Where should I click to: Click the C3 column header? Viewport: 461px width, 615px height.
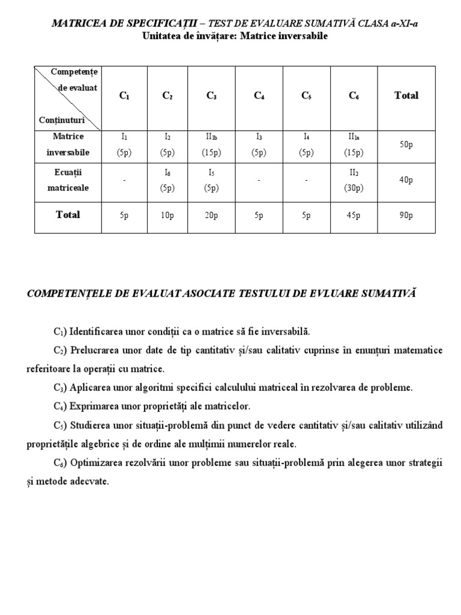pos(211,95)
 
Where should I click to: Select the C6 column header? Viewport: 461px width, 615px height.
pos(354,95)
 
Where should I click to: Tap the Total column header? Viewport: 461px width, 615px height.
pos(406,95)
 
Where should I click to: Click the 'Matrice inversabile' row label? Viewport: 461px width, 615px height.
pos(68,144)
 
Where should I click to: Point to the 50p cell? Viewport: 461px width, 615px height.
pos(406,145)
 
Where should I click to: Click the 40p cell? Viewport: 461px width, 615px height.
pos(406,180)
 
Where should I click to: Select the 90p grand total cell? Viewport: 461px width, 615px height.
pos(406,215)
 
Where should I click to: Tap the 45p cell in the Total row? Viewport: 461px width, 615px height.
pos(354,215)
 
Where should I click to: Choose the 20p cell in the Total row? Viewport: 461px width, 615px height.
pos(211,215)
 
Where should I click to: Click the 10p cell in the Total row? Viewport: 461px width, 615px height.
pos(167,215)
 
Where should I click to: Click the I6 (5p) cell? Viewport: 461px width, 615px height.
pos(167,180)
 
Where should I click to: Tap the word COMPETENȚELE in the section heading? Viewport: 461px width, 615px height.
pos(65,293)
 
